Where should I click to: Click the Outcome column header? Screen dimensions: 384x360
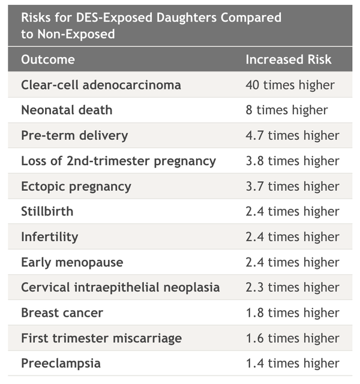(x=48, y=59)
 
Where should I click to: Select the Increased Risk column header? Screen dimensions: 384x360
(x=288, y=59)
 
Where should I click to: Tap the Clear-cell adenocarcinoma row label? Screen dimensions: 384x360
(x=101, y=85)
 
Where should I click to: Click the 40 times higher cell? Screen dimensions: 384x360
(x=290, y=85)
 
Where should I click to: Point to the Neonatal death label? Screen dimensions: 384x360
(x=67, y=110)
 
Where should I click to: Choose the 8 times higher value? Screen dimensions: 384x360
(x=286, y=110)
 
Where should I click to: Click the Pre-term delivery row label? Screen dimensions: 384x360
(x=74, y=135)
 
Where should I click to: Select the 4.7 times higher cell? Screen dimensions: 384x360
(x=292, y=135)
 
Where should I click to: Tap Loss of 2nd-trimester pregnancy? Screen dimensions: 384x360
(x=118, y=161)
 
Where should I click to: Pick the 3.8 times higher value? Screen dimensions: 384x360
(x=292, y=161)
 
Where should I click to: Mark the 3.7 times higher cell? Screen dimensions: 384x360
(x=292, y=186)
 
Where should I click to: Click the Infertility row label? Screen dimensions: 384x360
(x=49, y=236)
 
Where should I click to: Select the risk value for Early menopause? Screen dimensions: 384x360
(x=292, y=262)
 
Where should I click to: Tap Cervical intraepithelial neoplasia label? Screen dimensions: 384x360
(x=120, y=287)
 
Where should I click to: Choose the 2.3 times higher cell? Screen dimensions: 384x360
(x=292, y=287)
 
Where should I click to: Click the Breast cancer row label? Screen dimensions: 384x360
(x=62, y=313)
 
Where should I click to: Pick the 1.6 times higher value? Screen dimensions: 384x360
(x=292, y=338)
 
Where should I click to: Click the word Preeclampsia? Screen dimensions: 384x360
(x=61, y=363)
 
